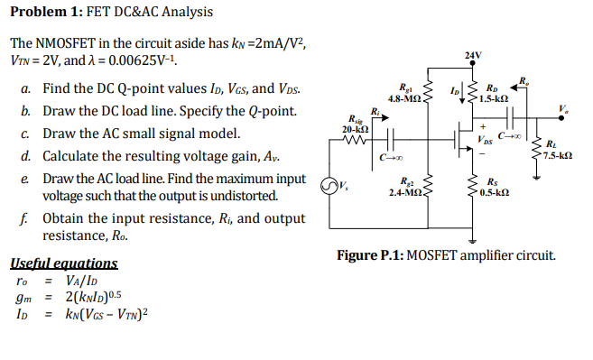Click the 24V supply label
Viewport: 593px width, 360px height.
point(472,57)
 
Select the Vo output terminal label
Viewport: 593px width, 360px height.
point(564,110)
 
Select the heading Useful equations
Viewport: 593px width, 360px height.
point(63,263)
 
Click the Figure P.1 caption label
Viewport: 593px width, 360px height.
point(369,255)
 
